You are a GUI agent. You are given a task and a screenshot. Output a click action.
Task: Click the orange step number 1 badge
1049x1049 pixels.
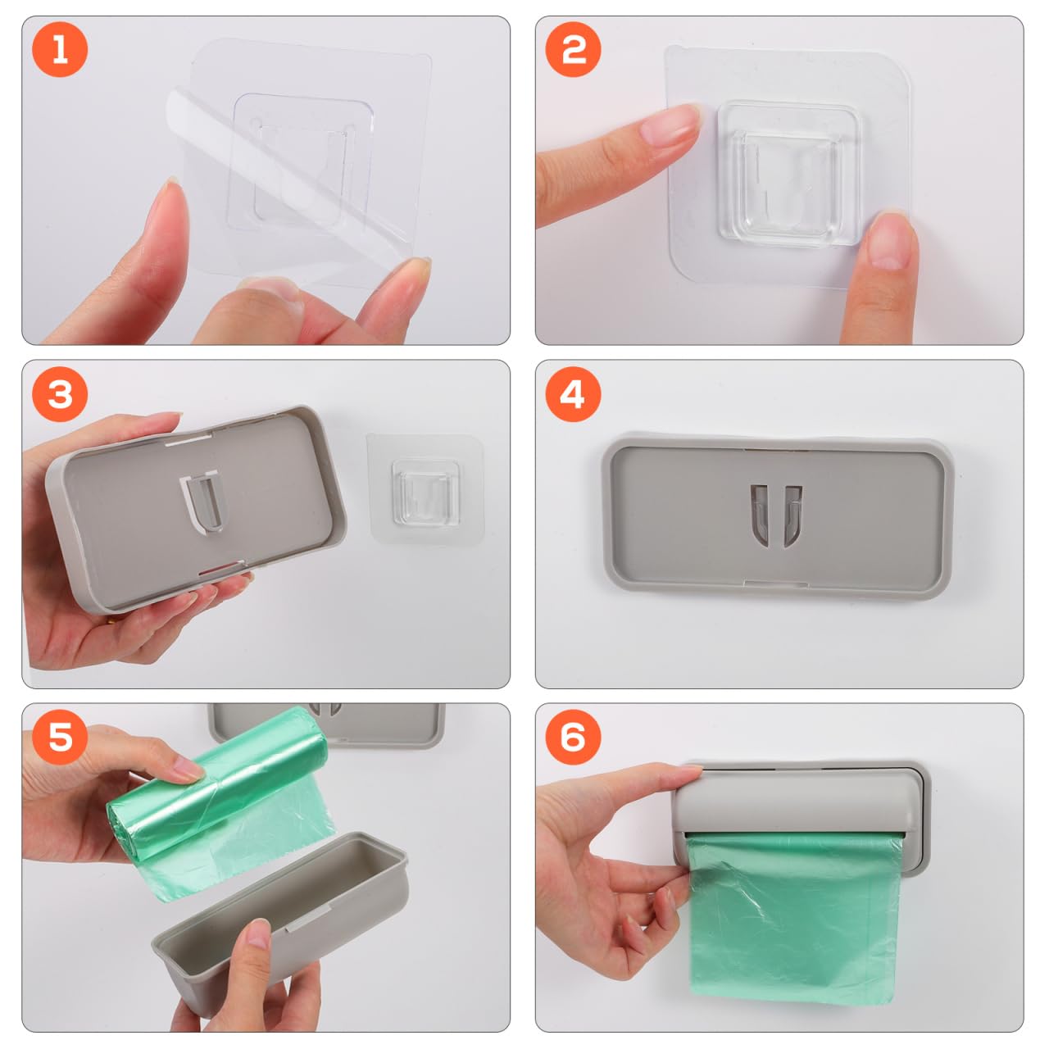[60, 50]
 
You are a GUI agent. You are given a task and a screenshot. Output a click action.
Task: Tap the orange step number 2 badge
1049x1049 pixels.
[574, 50]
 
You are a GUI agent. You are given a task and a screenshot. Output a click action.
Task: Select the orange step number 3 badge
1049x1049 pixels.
[60, 394]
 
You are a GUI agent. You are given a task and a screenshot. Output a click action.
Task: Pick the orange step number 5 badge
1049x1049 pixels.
[60, 737]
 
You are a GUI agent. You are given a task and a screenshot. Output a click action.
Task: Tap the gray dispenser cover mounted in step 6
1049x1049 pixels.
[799, 799]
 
